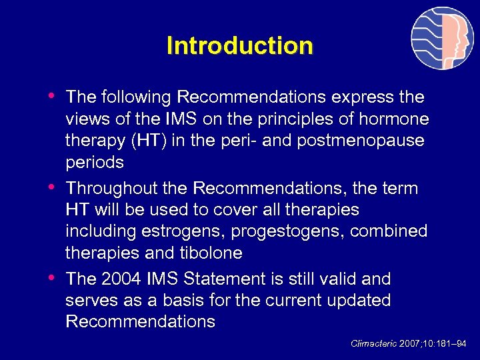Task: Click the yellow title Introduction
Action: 239,46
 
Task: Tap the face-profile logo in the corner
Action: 442,39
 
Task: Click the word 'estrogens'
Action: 175,232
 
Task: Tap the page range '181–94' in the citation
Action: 451,343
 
